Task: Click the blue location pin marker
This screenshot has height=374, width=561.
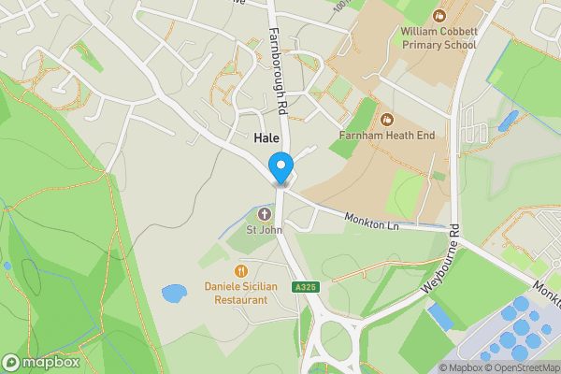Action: (280, 168)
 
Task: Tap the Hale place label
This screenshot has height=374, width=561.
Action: (266, 137)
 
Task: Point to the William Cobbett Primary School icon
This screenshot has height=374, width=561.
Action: (439, 16)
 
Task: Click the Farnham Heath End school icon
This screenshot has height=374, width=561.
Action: (387, 120)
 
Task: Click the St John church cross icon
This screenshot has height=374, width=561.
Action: (264, 214)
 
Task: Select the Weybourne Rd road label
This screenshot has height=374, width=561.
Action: (441, 263)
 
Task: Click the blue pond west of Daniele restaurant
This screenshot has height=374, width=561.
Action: (174, 294)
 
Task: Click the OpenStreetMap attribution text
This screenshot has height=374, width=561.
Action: (520, 367)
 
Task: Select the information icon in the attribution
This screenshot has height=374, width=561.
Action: (445, 367)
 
